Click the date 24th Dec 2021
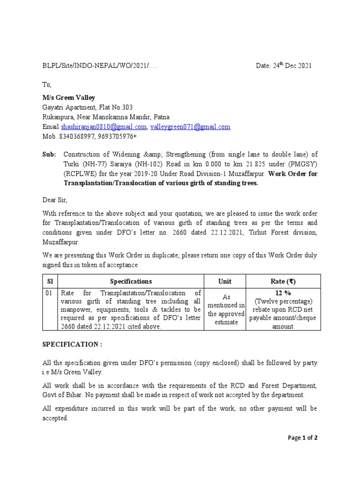coord(284,66)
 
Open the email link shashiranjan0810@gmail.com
coord(104,127)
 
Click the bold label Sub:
coord(49,154)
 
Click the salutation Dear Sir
coord(55,200)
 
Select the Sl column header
coord(51,281)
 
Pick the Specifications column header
coord(131,281)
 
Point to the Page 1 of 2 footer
coord(303,438)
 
